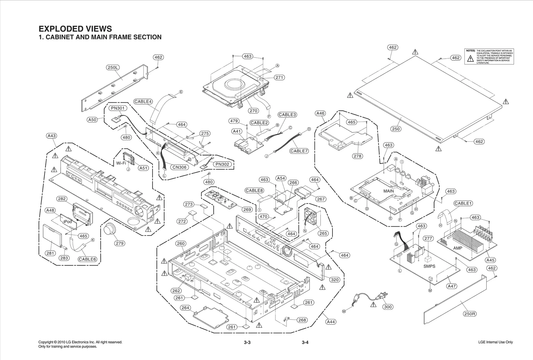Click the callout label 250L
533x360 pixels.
[x=113, y=67]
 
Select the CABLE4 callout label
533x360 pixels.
[x=143, y=102]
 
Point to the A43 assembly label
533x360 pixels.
[x=52, y=136]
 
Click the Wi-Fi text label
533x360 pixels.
[x=121, y=163]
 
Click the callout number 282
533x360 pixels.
[x=62, y=199]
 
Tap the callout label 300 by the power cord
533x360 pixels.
[x=388, y=307]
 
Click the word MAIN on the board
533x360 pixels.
[x=388, y=191]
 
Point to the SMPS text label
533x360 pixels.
[x=429, y=266]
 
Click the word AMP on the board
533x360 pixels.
[x=458, y=248]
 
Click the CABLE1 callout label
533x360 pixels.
[x=463, y=203]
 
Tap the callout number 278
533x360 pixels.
[x=358, y=156]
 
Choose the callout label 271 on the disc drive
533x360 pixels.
[x=279, y=77]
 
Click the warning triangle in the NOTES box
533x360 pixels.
[x=470, y=59]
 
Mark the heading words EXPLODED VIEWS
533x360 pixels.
[x=75, y=29]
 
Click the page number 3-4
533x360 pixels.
[x=305, y=342]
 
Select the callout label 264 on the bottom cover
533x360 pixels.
[x=186, y=308]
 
